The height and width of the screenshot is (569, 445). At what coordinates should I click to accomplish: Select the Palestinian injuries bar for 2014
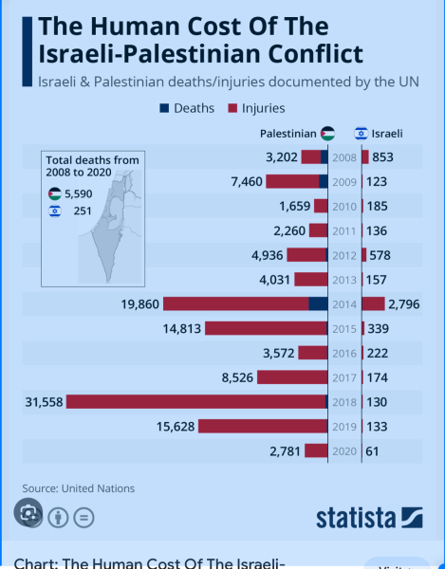click(x=236, y=303)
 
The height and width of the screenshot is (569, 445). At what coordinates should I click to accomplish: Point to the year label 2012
click(x=343, y=254)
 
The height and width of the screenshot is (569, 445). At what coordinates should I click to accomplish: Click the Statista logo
click(x=369, y=517)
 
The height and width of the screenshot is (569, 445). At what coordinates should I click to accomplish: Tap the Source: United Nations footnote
click(x=79, y=488)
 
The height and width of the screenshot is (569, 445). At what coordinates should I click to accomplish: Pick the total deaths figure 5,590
click(x=78, y=193)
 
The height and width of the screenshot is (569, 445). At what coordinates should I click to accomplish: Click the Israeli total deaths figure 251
click(x=82, y=211)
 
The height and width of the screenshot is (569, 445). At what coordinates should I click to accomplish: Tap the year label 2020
click(x=343, y=451)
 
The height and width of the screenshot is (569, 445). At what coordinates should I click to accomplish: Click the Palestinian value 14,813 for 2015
click(x=176, y=328)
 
